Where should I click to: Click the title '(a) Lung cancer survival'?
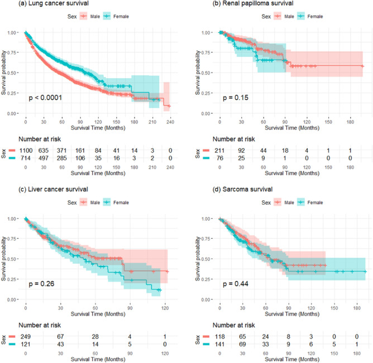(x=34, y=5)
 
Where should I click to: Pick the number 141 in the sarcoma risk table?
(x=219, y=343)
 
